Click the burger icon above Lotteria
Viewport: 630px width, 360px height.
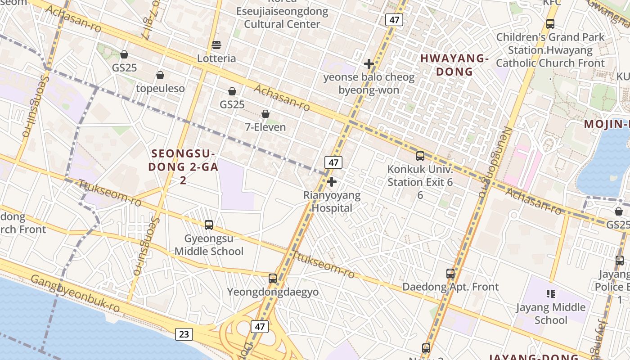216,45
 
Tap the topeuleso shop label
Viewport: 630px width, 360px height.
160,88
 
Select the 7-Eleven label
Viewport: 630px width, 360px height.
265,127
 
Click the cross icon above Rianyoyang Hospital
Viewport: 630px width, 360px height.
332,182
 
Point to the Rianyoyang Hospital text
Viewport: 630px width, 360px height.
332,202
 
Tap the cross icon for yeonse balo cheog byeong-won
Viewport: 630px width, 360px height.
369,64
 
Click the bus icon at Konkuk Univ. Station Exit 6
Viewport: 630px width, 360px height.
420,156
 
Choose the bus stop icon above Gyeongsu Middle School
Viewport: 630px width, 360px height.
209,225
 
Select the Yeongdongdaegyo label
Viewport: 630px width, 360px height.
273,292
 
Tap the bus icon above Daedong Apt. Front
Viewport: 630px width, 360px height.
450,274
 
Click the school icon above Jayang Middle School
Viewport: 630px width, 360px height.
550,294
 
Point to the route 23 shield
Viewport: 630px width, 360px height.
184,334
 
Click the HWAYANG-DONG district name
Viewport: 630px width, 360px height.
454,65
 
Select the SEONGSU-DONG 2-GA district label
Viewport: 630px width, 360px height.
184,160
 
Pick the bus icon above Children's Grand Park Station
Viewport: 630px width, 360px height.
550,24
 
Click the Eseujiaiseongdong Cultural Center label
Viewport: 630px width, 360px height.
282,18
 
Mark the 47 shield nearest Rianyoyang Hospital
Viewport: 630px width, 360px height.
333,162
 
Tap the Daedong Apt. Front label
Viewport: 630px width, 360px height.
450,287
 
